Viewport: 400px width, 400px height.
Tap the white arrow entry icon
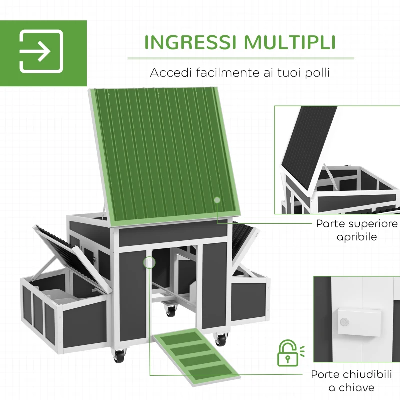pyautogui.click(x=41, y=51)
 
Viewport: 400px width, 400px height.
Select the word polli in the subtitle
pyautogui.click(x=316, y=73)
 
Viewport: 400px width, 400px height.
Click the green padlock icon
pyautogui.click(x=287, y=353)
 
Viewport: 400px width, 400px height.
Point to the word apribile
pyautogui.click(x=357, y=237)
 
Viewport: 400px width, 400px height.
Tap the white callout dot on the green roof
pyautogui.click(x=217, y=200)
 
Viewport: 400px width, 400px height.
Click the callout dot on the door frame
pyautogui.click(x=148, y=262)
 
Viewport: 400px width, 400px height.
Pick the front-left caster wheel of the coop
pyautogui.click(x=118, y=356)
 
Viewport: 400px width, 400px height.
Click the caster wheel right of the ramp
pyautogui.click(x=220, y=339)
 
